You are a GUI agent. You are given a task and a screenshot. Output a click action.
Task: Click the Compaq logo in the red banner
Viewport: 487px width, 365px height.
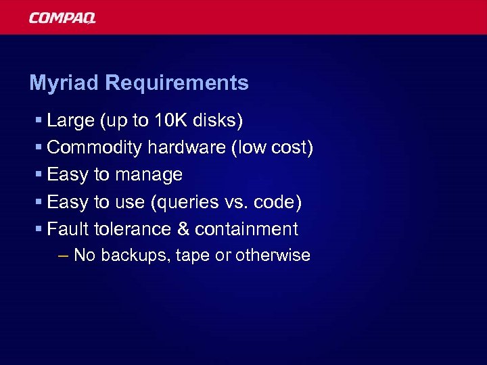tap(62, 18)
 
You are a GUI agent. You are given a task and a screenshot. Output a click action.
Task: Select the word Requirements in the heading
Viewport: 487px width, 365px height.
tap(177, 83)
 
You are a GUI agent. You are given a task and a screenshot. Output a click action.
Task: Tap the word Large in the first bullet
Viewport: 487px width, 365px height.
tap(71, 121)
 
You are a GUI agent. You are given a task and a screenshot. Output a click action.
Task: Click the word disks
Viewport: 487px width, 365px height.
tap(218, 121)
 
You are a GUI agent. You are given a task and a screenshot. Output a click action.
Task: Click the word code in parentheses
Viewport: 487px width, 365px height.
tap(278, 202)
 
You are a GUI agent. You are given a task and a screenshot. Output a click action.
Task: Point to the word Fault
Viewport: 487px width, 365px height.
tap(68, 229)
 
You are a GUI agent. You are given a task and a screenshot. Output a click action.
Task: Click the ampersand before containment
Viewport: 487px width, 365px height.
tap(183, 229)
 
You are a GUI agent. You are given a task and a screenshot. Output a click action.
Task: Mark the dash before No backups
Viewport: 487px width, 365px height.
tap(64, 255)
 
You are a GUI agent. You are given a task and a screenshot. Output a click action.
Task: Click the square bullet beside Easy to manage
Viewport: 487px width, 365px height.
tap(39, 175)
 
